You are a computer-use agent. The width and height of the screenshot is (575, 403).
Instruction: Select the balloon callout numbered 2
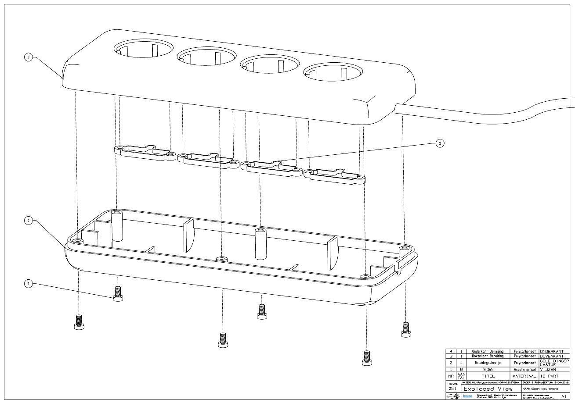(440, 143)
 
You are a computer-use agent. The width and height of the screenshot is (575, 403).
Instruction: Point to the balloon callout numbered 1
(29, 284)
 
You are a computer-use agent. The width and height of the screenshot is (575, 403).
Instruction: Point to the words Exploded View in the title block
(488, 389)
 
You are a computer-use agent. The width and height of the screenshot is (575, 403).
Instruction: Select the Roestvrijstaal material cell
(524, 370)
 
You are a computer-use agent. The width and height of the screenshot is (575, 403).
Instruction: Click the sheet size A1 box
(564, 396)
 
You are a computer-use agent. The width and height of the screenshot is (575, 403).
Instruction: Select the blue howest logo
(467, 396)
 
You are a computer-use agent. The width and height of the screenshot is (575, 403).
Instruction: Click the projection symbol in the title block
(453, 396)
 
